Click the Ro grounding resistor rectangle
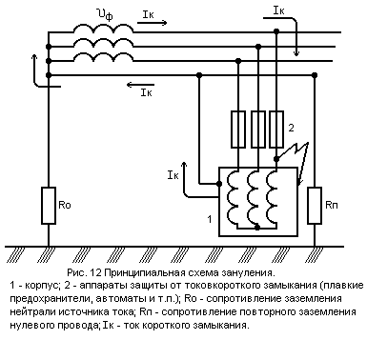click(x=49, y=206)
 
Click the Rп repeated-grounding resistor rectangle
click(x=315, y=206)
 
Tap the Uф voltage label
click(x=105, y=14)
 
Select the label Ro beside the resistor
click(x=65, y=205)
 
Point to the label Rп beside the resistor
click(x=332, y=205)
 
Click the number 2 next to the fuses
click(x=291, y=128)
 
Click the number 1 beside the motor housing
click(x=210, y=219)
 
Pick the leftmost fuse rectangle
click(x=238, y=130)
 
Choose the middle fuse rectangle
click(x=258, y=130)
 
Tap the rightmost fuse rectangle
click(x=276, y=130)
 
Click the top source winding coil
click(x=103, y=28)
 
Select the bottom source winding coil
click(x=103, y=57)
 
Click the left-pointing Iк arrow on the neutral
click(x=140, y=85)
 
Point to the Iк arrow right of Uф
click(x=152, y=23)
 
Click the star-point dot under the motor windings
click(x=257, y=228)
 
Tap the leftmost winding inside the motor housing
click(x=233, y=198)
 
